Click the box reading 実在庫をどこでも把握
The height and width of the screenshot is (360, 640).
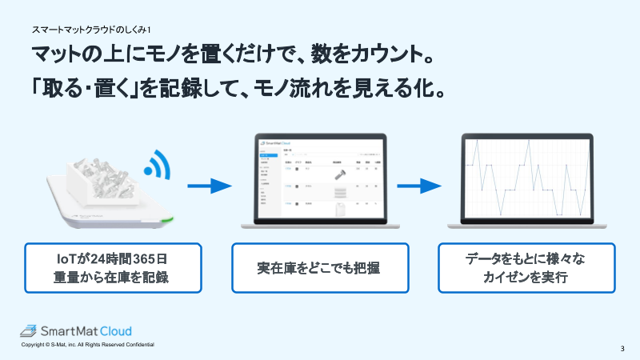pos(319,268)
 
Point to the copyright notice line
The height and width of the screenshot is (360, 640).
pos(88,345)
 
